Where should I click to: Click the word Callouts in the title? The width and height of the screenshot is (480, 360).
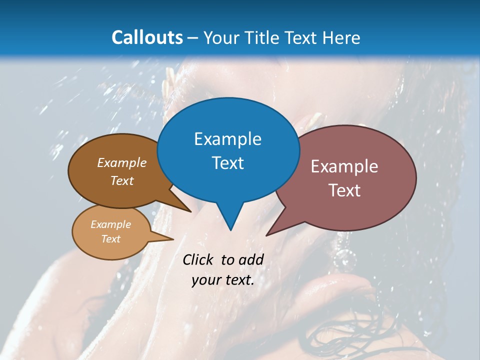[147, 37]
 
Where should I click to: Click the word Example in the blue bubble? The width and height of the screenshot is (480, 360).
[227, 139]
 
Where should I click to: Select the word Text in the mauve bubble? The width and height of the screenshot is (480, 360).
[344, 190]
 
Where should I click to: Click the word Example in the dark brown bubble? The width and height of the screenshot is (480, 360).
[121, 163]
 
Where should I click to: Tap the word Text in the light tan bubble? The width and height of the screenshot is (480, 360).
[110, 239]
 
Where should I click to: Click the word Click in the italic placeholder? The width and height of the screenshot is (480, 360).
[197, 259]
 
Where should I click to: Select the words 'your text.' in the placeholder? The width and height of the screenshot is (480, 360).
[222, 280]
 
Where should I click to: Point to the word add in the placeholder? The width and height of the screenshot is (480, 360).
[250, 259]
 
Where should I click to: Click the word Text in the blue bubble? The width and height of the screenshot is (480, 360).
[227, 163]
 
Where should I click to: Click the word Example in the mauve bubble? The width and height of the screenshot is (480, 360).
[344, 166]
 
